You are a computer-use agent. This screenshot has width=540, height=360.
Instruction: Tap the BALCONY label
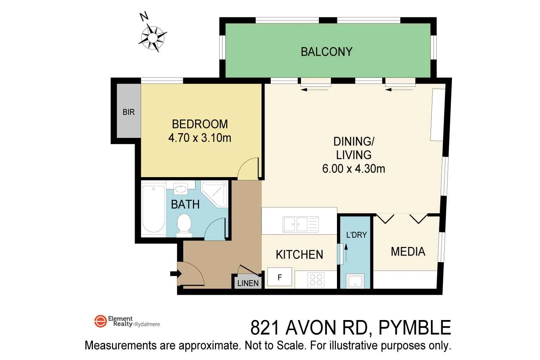tap(326, 52)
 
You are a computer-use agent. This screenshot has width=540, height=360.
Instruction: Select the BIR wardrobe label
tap(129, 112)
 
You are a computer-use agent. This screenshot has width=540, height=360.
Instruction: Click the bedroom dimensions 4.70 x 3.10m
tap(199, 138)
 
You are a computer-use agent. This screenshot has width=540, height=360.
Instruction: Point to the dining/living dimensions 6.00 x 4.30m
tap(353, 168)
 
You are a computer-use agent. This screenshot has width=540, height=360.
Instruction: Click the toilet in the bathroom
tap(184, 225)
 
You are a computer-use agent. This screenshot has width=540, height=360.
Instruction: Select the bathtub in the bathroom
tap(153, 209)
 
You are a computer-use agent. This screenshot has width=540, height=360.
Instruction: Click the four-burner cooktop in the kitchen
tap(316, 280)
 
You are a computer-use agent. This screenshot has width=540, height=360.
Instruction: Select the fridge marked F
tap(280, 277)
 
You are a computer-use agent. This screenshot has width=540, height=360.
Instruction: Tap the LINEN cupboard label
tap(248, 283)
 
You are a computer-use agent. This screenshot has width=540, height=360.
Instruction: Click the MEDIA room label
tap(408, 252)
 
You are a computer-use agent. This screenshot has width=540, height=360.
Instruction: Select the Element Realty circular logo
tap(100, 321)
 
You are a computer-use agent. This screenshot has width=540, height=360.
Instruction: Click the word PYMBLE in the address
tap(415, 328)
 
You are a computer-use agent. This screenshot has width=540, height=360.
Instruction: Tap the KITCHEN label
tap(299, 255)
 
